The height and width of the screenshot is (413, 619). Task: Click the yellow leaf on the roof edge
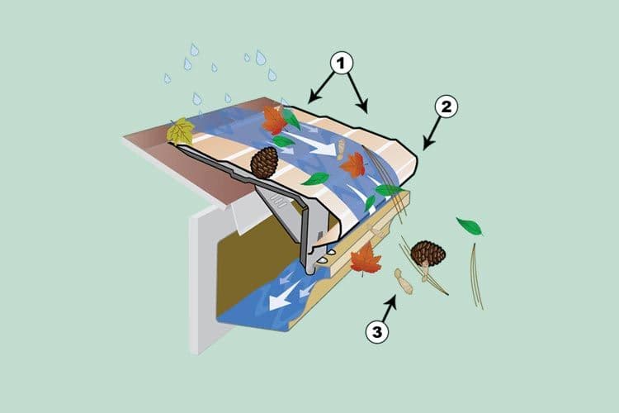point(180,131)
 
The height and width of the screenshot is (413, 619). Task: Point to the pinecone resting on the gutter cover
point(263,163)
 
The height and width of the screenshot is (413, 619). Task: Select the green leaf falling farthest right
point(470,225)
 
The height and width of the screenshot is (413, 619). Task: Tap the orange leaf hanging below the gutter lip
point(365,259)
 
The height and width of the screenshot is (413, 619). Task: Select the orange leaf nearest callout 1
point(274,121)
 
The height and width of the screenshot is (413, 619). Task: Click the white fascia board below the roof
point(203,273)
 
